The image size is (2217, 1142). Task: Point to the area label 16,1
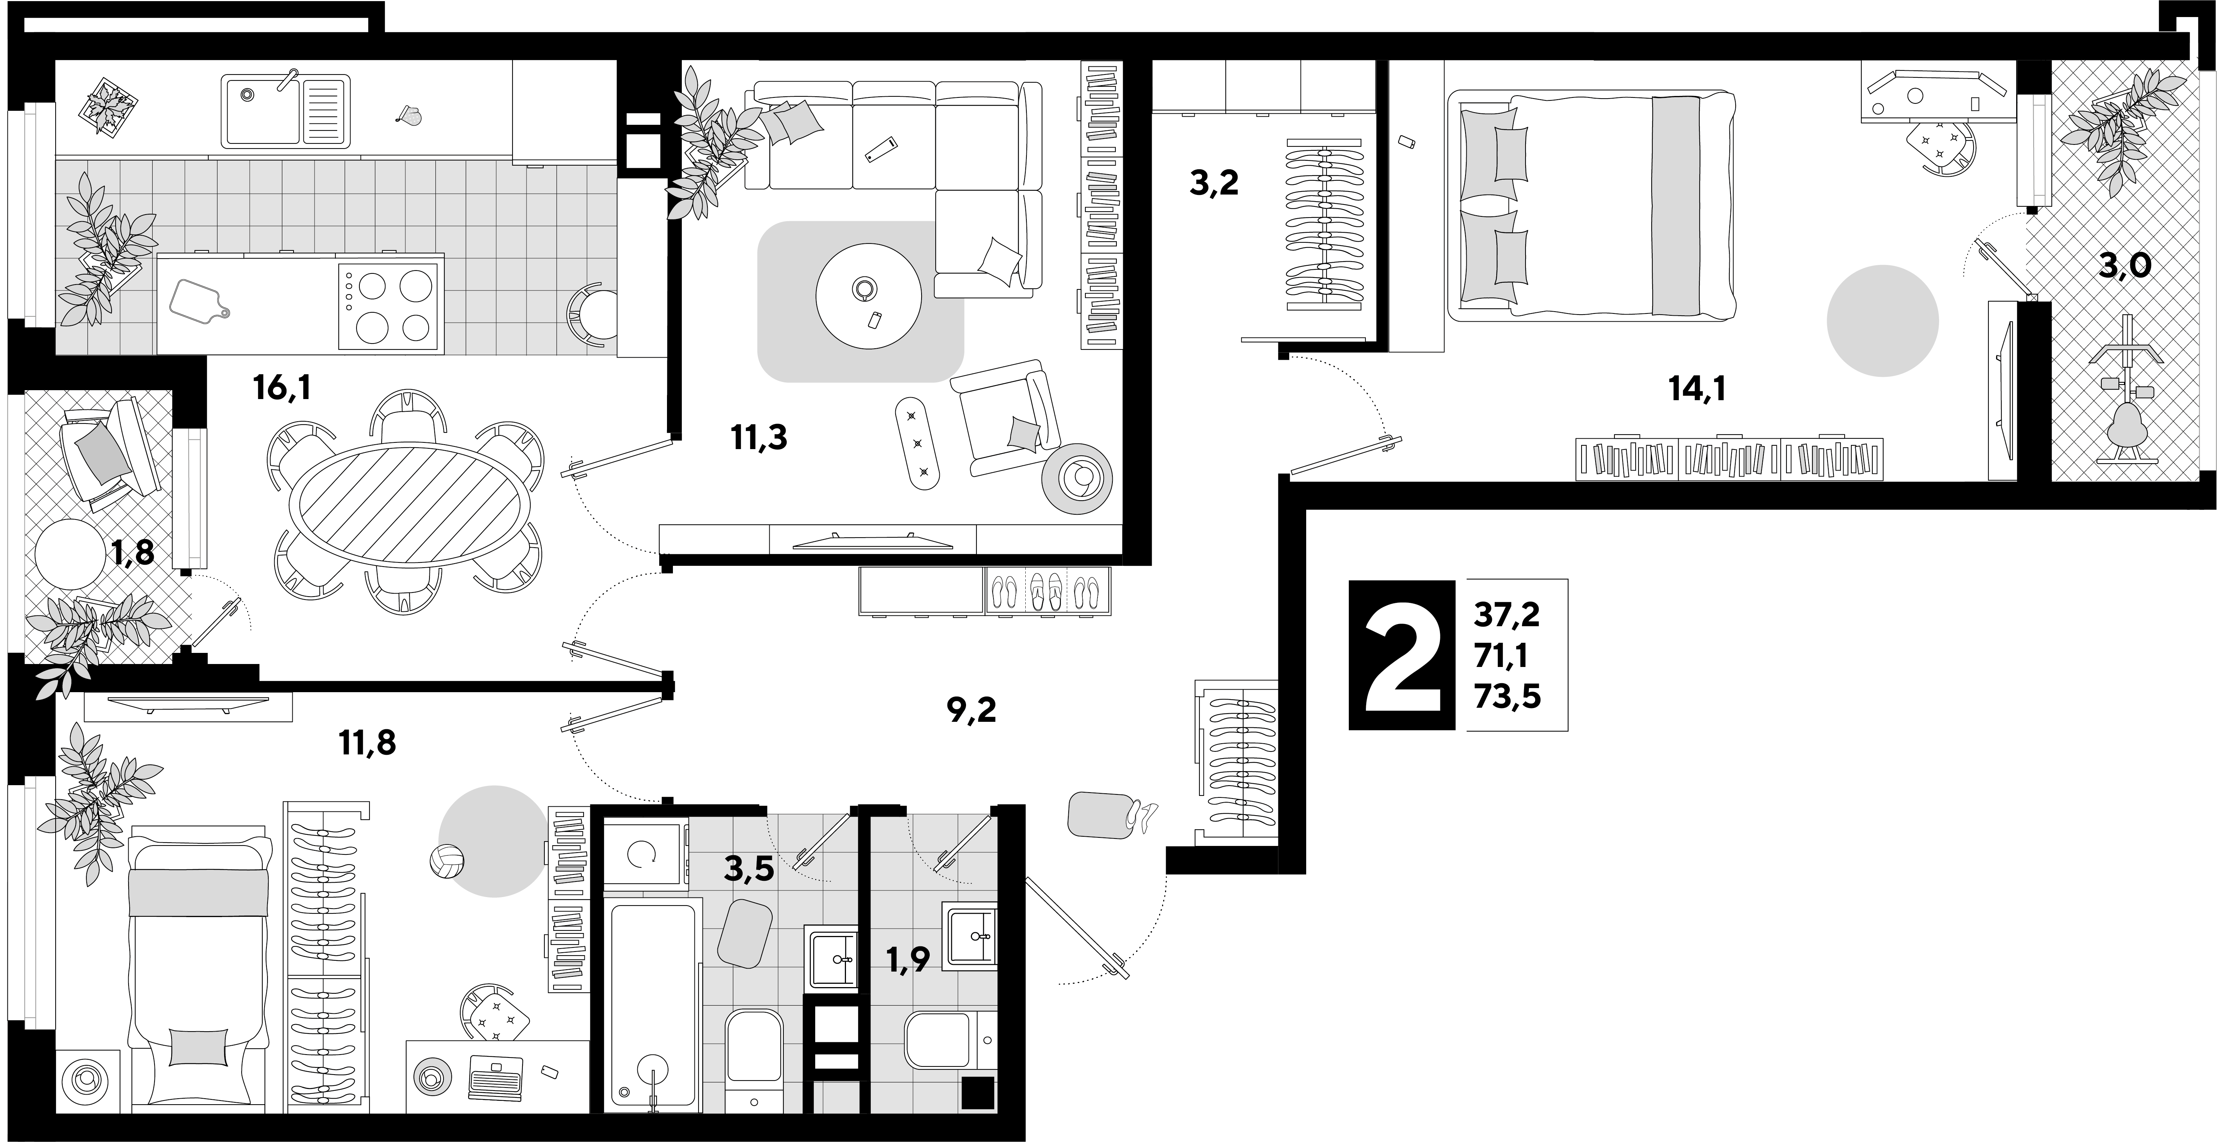282,389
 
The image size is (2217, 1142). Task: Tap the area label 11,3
759,438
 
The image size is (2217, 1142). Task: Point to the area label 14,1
1697,390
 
